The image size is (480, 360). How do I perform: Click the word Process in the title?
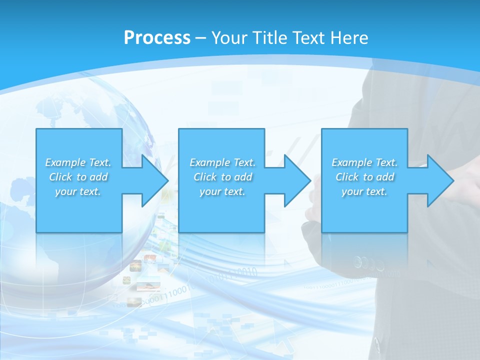click(x=157, y=37)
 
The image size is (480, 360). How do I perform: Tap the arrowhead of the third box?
click(x=439, y=180)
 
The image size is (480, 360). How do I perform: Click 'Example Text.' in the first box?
click(x=78, y=162)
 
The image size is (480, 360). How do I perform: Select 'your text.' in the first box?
click(x=78, y=191)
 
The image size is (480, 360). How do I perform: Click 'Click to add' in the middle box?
click(x=222, y=177)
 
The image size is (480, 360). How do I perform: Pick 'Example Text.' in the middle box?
click(x=222, y=162)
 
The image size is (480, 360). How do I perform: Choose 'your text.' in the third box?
click(x=364, y=191)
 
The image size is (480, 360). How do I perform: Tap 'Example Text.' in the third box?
click(x=364, y=162)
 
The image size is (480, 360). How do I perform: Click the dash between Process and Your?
click(x=200, y=38)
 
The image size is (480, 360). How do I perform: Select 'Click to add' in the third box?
click(x=364, y=177)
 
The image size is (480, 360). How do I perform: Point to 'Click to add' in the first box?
click(x=78, y=177)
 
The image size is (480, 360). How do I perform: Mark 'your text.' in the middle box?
click(x=222, y=191)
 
